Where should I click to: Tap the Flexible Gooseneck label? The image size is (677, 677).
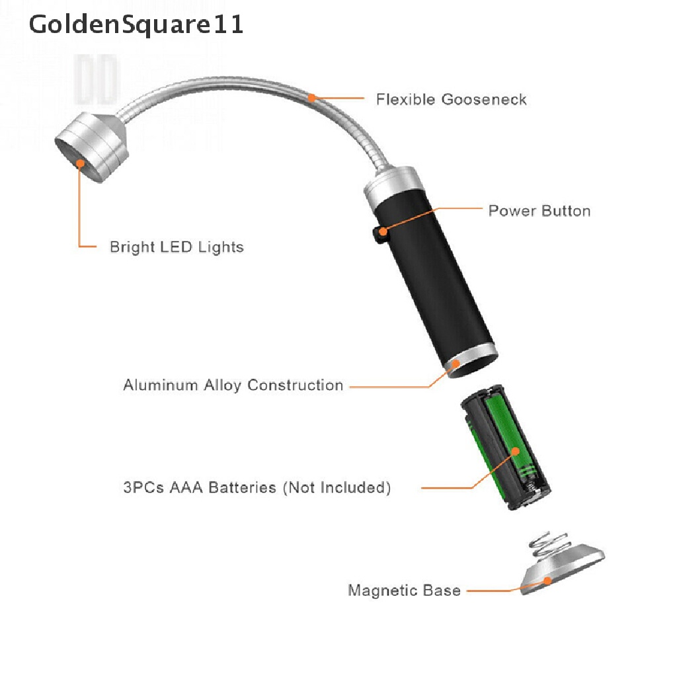[451, 100]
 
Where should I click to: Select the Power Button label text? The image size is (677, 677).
[539, 211]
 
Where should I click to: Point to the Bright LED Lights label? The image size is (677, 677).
[177, 247]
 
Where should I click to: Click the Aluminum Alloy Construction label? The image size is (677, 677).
[233, 385]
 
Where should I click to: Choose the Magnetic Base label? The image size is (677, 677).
[404, 590]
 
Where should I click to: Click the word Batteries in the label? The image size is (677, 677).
[242, 488]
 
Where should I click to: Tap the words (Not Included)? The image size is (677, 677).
[337, 488]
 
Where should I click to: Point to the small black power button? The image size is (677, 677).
[379, 233]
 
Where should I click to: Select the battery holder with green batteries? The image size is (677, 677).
[505, 450]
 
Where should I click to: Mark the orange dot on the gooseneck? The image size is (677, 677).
[311, 99]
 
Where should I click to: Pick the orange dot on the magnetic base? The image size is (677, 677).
[548, 580]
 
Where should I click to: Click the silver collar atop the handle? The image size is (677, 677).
[393, 183]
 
